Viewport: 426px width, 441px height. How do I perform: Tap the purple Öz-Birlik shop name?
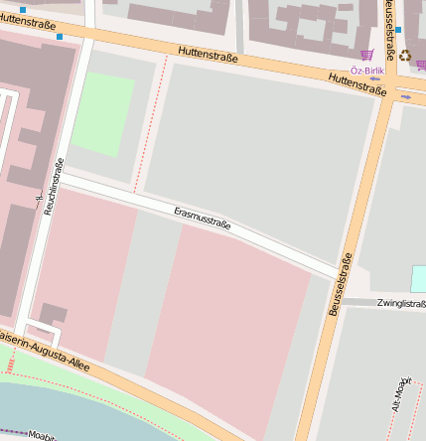click(367, 72)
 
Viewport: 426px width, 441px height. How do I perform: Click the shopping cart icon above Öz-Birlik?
click(366, 56)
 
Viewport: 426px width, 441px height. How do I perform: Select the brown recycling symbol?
click(405, 56)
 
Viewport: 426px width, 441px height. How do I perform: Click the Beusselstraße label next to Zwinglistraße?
click(341, 285)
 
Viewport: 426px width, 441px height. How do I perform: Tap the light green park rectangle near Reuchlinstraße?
click(102, 113)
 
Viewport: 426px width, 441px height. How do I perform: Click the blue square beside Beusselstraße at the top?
click(398, 30)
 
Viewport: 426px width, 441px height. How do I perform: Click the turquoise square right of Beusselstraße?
click(418, 278)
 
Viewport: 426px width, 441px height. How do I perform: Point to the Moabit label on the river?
click(40, 435)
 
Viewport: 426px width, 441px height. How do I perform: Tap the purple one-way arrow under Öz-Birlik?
click(374, 78)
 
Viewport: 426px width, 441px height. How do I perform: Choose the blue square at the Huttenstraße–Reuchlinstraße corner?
click(60, 37)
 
